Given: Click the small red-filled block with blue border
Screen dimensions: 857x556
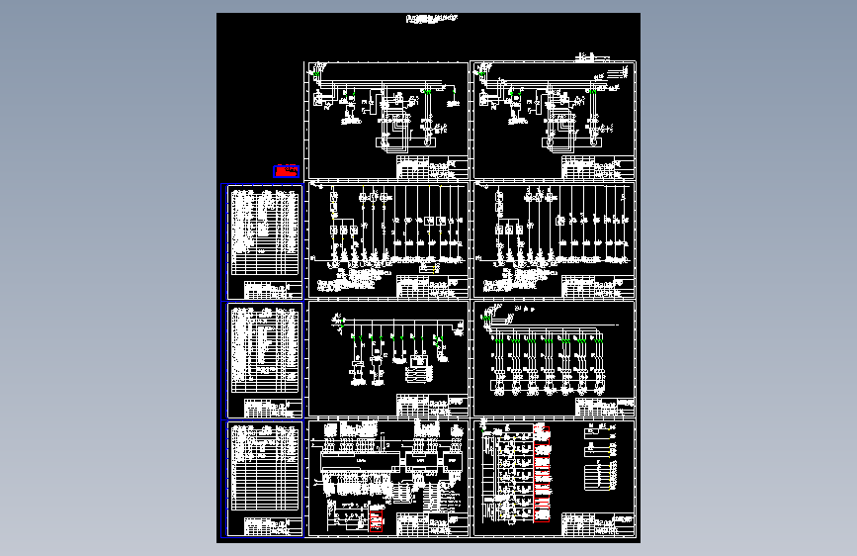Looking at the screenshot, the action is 287,171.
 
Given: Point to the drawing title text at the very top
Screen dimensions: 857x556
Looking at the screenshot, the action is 432,18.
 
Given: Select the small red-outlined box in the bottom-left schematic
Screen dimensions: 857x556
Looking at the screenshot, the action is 377,519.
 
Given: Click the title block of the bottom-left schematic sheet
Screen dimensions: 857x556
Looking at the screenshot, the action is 432,524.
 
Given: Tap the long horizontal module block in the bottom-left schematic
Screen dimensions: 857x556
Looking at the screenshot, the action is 360,462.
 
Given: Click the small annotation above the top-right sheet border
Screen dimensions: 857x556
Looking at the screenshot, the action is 593,56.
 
